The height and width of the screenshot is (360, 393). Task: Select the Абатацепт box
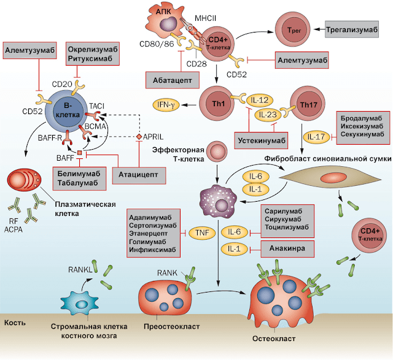pyautogui.click(x=171, y=79)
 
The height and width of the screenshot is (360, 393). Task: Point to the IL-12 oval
pyautogui.click(x=261, y=99)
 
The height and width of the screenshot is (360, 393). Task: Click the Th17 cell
pyautogui.click(x=309, y=103)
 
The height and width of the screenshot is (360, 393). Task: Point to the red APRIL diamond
pyautogui.click(x=139, y=135)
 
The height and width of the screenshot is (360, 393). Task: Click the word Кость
pyautogui.click(x=15, y=322)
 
